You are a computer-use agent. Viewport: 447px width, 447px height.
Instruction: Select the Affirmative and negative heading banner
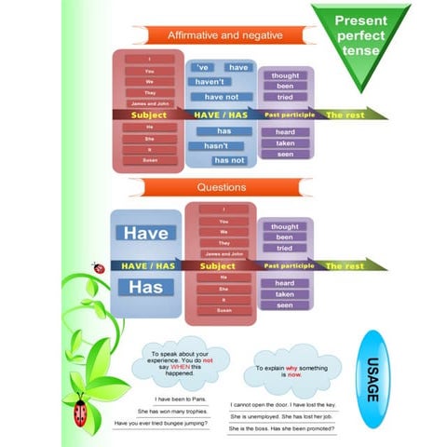(x=223, y=35)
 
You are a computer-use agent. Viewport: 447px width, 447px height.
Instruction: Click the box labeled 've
(x=203, y=67)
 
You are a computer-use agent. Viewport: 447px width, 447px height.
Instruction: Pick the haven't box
(x=210, y=81)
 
